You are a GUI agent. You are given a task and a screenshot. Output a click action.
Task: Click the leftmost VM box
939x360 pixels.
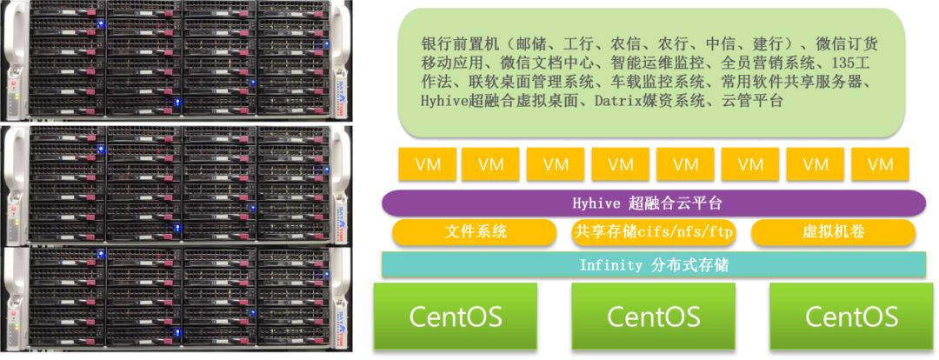[426, 164]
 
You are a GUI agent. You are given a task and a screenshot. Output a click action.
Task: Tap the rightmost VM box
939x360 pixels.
[880, 164]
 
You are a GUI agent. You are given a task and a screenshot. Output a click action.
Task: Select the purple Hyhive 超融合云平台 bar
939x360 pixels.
[653, 203]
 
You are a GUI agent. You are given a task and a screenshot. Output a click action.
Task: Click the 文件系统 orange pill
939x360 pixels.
[474, 232]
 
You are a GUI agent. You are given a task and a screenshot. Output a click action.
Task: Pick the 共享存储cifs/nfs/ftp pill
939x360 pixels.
[653, 232]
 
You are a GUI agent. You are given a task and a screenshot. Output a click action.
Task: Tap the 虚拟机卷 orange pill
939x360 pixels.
[832, 232]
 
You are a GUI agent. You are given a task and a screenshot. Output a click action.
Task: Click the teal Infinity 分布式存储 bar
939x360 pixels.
[653, 264]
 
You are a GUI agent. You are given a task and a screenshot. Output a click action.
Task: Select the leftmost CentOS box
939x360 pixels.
[456, 316]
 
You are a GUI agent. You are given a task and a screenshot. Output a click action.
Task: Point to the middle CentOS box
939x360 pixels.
[653, 316]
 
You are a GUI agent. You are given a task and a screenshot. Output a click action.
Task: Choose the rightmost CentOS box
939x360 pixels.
[851, 316]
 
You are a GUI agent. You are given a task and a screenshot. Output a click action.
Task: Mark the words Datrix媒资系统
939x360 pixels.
[645, 101]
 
